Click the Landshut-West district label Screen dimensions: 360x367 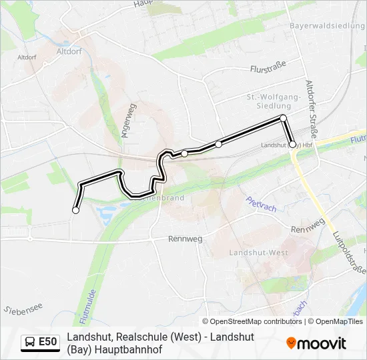(x=259, y=253)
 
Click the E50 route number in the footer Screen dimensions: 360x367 (x=47, y=342)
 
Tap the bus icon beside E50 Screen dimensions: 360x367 (x=30, y=342)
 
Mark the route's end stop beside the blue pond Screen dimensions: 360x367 (x=75, y=210)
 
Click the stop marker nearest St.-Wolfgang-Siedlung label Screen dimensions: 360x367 (x=283, y=118)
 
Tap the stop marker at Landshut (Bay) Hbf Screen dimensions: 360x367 (x=292, y=144)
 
